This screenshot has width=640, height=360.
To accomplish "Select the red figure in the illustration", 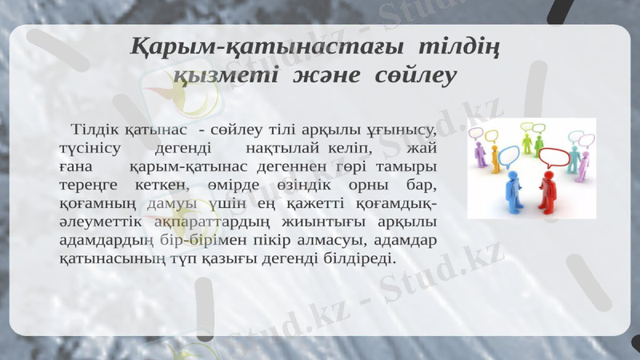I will click(547, 188).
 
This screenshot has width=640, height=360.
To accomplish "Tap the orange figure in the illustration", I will click(495, 160).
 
